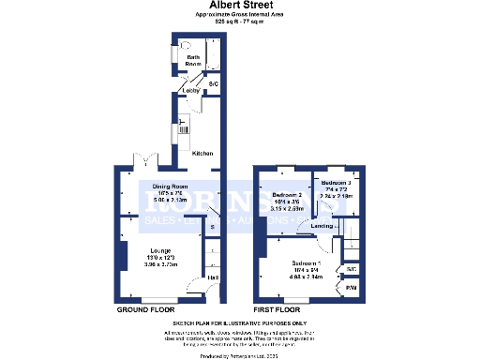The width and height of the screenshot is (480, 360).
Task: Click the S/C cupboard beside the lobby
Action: (213, 83)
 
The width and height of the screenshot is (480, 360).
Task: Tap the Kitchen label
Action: (202, 153)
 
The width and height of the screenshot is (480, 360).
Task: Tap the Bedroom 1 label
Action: (307, 262)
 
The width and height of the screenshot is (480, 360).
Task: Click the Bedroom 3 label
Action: (336, 183)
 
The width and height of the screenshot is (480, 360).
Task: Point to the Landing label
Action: (322, 226)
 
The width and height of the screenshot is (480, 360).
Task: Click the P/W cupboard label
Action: (352, 288)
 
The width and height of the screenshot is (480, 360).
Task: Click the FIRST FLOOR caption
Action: (277, 309)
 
